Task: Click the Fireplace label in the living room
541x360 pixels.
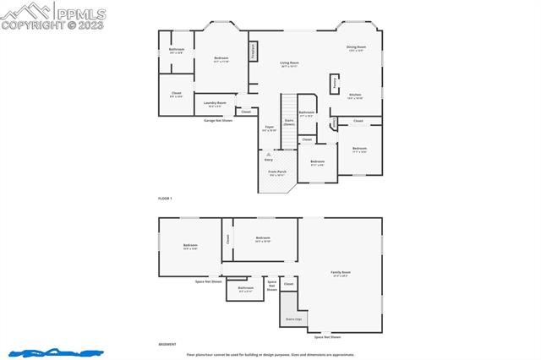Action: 253,51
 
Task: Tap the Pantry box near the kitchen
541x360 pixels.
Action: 335,84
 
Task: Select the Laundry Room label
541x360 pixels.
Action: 215,104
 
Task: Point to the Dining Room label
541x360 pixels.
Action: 356,48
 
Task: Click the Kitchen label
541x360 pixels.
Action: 355,95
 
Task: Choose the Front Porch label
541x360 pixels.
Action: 277,173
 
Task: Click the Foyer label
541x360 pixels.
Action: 269,128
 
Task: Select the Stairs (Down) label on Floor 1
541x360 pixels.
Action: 289,122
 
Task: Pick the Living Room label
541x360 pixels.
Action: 291,63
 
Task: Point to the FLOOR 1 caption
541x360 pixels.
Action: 165,198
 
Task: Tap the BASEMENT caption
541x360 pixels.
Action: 167,344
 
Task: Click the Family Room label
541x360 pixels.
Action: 341,273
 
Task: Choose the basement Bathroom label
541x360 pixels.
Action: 245,289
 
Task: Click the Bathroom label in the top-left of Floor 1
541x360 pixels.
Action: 177,51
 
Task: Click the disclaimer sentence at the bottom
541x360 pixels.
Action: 282,355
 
